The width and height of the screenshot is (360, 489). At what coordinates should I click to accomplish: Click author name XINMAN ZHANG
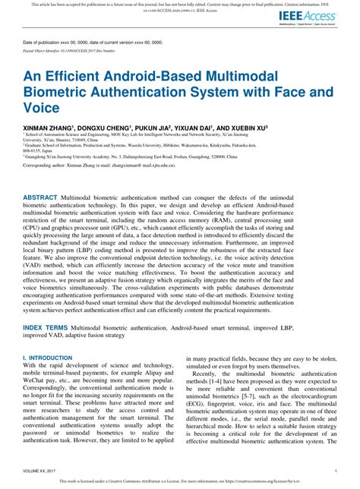(x=46, y=128)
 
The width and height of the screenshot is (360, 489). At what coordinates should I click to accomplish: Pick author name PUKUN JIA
(x=155, y=128)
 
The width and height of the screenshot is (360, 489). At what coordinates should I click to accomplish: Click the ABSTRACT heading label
(x=39, y=196)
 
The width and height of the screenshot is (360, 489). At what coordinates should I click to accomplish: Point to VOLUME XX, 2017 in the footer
(x=39, y=470)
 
